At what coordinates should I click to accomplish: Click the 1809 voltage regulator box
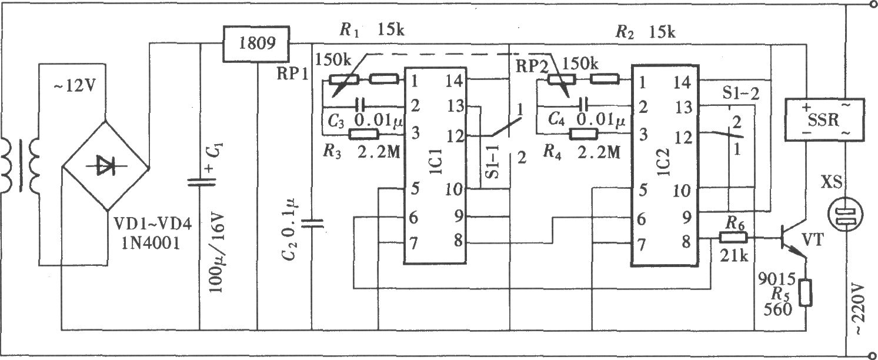pos(256,44)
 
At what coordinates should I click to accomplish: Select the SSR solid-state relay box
pos(824,120)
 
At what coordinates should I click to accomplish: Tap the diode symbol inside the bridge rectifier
pos(106,165)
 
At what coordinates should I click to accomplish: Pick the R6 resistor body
pos(733,238)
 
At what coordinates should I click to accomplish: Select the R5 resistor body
pos(806,292)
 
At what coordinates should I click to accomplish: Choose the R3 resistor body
pos(364,135)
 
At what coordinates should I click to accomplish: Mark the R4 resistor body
pos(583,135)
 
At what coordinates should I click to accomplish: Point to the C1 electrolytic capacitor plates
pos(201,182)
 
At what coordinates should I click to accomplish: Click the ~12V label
pos(75,86)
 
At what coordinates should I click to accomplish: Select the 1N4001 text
pos(151,244)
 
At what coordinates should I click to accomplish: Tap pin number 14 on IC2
pos(682,83)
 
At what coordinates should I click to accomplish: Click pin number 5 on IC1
pos(415,188)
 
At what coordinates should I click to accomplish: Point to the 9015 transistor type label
pos(777,279)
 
